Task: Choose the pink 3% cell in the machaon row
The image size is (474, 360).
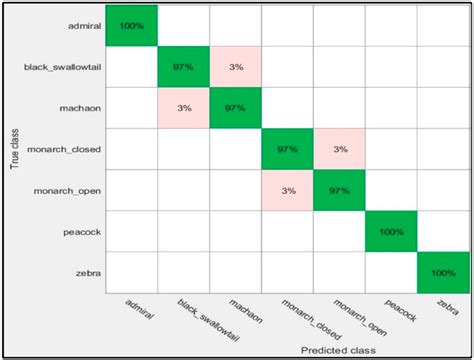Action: (183, 107)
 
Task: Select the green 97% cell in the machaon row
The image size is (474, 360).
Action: (235, 107)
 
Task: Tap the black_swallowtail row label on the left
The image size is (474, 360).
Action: (61, 67)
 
